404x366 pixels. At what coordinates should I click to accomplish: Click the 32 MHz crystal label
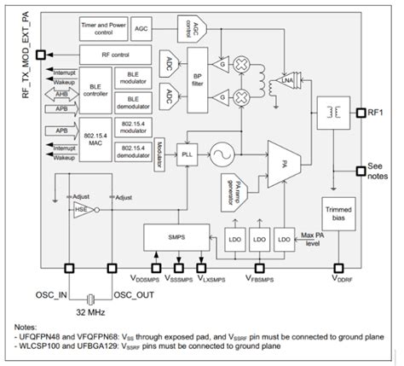90,313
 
